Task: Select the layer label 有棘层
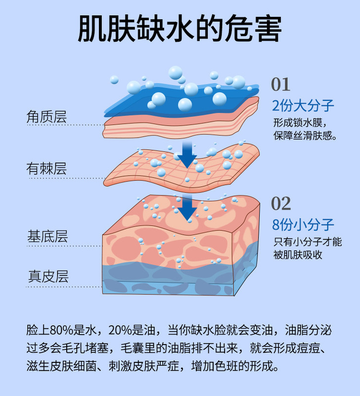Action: [46, 169]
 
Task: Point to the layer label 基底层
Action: [46, 236]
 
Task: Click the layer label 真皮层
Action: [46, 276]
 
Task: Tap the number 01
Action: [281, 85]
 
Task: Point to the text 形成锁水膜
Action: [299, 123]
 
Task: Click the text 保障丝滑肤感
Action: [303, 136]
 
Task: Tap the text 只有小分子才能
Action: [307, 243]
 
